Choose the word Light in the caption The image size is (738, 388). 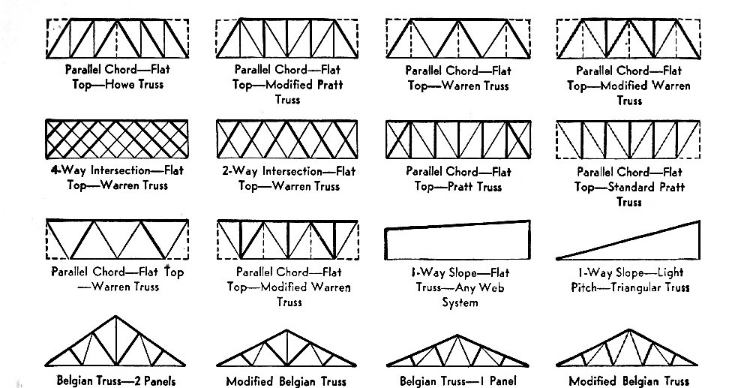(667, 272)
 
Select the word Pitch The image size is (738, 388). (577, 287)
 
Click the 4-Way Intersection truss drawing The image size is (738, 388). (115, 138)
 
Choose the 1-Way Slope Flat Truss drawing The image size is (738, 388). (458, 242)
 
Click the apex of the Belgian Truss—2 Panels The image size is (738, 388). (115, 316)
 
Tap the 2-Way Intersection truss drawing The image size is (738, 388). (289, 138)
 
